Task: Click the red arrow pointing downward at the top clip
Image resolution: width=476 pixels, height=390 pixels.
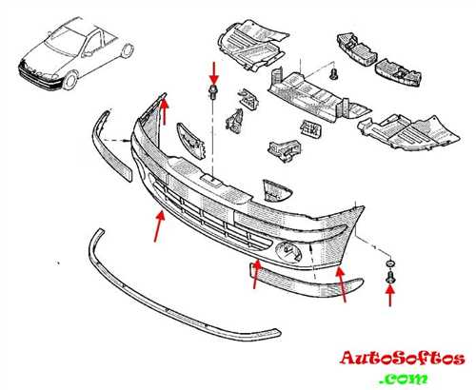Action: click(x=214, y=73)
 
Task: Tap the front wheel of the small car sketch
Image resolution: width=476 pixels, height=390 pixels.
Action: click(x=70, y=81)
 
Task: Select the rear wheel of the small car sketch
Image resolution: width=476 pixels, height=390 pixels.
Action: click(x=128, y=50)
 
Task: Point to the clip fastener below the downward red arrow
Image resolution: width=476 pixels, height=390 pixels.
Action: click(x=213, y=92)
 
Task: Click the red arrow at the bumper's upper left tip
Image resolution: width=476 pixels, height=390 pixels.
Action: click(x=164, y=111)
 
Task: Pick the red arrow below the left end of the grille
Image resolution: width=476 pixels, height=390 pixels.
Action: click(x=160, y=226)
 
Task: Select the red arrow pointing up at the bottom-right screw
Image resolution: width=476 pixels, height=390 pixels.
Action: click(x=390, y=296)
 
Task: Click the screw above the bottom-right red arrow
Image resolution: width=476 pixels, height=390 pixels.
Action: click(x=389, y=278)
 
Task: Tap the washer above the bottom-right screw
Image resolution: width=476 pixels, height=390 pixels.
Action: click(x=389, y=263)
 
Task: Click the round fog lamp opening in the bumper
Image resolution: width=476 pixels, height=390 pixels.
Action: click(x=288, y=251)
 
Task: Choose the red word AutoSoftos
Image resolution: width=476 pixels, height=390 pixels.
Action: click(x=402, y=358)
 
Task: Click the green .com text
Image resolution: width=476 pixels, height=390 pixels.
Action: click(x=404, y=378)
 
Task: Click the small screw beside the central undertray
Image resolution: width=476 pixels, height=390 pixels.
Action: click(x=333, y=74)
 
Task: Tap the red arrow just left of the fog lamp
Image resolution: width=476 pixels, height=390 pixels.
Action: click(x=256, y=275)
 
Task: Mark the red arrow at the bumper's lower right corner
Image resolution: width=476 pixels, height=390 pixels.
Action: click(x=342, y=284)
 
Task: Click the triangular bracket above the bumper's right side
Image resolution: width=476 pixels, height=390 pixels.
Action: click(x=276, y=190)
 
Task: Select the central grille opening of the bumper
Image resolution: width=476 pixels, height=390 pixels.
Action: click(x=209, y=219)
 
